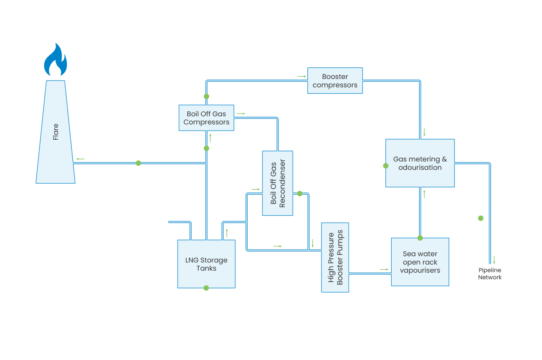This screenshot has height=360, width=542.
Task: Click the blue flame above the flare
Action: click(x=55, y=61)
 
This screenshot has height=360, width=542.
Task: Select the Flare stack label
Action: click(x=56, y=132)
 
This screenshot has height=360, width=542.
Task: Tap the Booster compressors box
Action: click(x=335, y=81)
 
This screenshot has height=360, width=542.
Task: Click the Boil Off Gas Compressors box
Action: click(x=206, y=118)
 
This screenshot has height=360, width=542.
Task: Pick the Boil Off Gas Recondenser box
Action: click(x=277, y=183)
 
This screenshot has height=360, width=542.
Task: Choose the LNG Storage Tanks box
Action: click(x=206, y=264)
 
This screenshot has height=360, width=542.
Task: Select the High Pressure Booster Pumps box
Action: click(x=335, y=257)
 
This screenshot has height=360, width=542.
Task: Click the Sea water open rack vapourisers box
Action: click(x=420, y=262)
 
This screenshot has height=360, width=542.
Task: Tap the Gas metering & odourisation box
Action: click(x=420, y=163)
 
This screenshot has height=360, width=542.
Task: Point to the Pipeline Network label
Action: click(x=490, y=274)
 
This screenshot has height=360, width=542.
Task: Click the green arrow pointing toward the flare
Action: click(x=80, y=159)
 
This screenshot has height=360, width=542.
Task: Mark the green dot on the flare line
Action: click(x=138, y=163)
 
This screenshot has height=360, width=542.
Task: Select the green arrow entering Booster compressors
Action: click(x=302, y=77)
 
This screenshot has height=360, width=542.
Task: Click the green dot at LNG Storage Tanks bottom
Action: click(x=206, y=288)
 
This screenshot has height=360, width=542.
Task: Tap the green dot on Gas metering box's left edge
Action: click(x=386, y=166)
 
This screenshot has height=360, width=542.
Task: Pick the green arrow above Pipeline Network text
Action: click(x=494, y=260)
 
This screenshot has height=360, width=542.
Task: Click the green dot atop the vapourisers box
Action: click(x=420, y=238)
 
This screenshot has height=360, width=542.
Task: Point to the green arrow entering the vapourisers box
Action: click(x=384, y=270)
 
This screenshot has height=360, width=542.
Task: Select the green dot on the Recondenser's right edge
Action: click(x=300, y=194)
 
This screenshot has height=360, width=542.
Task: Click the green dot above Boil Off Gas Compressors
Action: click(x=206, y=96)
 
